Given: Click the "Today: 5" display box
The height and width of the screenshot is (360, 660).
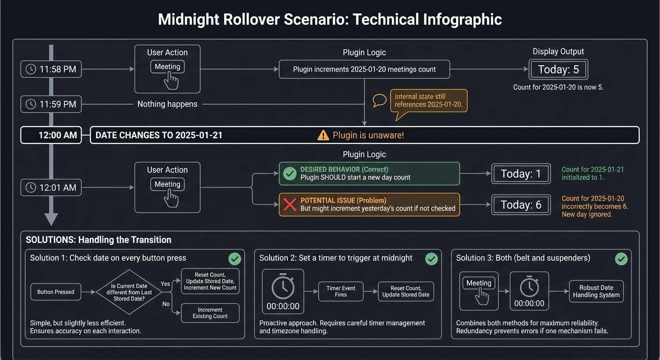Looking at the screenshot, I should click(558, 70).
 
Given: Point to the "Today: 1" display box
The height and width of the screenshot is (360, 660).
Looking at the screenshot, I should click(521, 174).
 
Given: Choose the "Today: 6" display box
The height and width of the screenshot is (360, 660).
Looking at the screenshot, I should click(521, 205).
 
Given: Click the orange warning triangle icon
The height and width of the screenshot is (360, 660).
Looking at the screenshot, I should click(323, 135).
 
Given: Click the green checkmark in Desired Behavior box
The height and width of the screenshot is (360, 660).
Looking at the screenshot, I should click(290, 174).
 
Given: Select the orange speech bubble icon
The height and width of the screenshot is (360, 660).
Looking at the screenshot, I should click(379, 100).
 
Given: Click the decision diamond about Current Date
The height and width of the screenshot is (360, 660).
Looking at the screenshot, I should click(129, 292).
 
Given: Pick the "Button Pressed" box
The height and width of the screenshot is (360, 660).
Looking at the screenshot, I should click(56, 292).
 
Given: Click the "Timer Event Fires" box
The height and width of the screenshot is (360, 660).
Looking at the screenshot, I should click(341, 292).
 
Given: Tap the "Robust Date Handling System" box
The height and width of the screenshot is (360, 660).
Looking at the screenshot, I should click(596, 292).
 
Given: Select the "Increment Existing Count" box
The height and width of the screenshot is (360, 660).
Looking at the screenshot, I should click(210, 313).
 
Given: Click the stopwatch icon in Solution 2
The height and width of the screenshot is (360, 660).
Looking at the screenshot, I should click(283, 287).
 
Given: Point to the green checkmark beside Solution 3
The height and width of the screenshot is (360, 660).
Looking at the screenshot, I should click(621, 259).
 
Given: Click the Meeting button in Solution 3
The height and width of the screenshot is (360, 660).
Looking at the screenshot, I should click(479, 284).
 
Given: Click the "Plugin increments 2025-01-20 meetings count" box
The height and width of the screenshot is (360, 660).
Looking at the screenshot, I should click(364, 69).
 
